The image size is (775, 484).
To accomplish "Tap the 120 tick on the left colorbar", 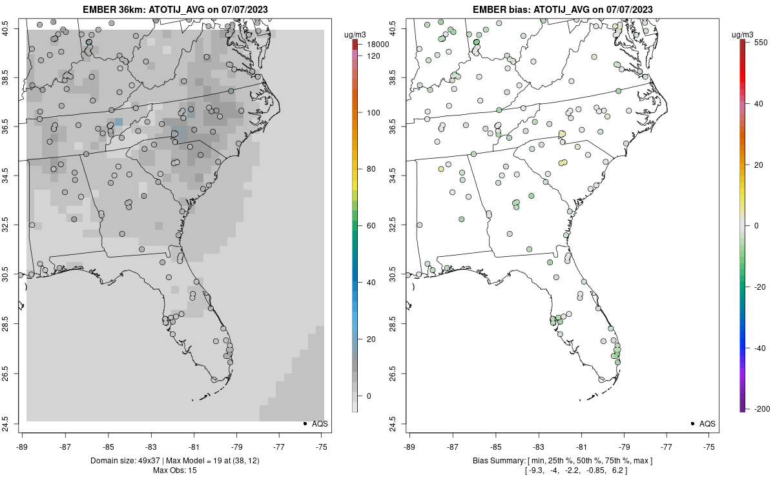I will click(x=373, y=56).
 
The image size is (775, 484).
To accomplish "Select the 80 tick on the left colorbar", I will click(x=371, y=169).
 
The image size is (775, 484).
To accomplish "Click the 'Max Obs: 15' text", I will click(x=176, y=470).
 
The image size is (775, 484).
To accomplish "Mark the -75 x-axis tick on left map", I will click(x=322, y=446).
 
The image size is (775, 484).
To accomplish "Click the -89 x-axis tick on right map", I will click(x=410, y=446).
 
